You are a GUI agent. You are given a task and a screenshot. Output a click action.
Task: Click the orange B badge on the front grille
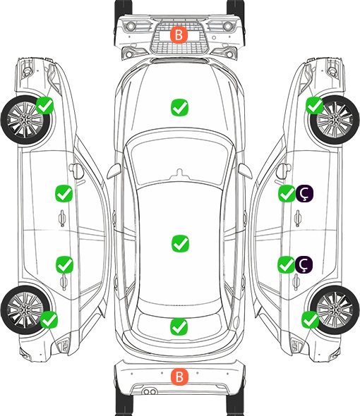[x=179, y=35]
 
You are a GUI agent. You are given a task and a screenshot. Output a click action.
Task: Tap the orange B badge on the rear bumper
[x=179, y=377]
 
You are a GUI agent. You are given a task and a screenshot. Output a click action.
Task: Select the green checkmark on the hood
[x=179, y=107]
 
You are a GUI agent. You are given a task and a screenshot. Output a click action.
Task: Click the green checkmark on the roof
[x=180, y=243]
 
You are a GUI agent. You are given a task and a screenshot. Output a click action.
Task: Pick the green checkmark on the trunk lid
[x=179, y=326]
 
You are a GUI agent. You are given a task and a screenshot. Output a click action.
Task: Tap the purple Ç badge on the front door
[x=304, y=193]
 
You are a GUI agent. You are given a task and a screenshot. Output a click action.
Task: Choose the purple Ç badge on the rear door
[x=304, y=264]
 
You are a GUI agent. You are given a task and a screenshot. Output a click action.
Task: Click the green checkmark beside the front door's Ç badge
[x=287, y=194]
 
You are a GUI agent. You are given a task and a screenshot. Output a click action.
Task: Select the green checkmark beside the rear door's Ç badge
[x=286, y=264]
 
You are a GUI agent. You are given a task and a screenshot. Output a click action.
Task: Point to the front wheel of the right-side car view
[x=335, y=120]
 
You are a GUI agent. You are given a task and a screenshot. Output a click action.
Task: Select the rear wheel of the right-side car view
[x=335, y=310]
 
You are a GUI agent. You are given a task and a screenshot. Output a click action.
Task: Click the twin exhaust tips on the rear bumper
[x=150, y=391]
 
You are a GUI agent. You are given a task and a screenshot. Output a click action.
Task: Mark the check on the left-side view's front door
[x=64, y=194]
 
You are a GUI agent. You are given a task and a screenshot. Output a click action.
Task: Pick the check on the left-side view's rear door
[x=64, y=264]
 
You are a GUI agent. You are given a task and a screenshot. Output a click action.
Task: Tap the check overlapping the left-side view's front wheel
[x=45, y=105]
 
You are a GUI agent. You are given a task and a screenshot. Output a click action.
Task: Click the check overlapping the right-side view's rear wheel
[x=311, y=319]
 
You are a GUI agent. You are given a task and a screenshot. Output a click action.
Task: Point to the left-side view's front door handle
[x=62, y=218]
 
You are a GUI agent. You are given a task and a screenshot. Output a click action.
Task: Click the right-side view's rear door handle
[x=296, y=282]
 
